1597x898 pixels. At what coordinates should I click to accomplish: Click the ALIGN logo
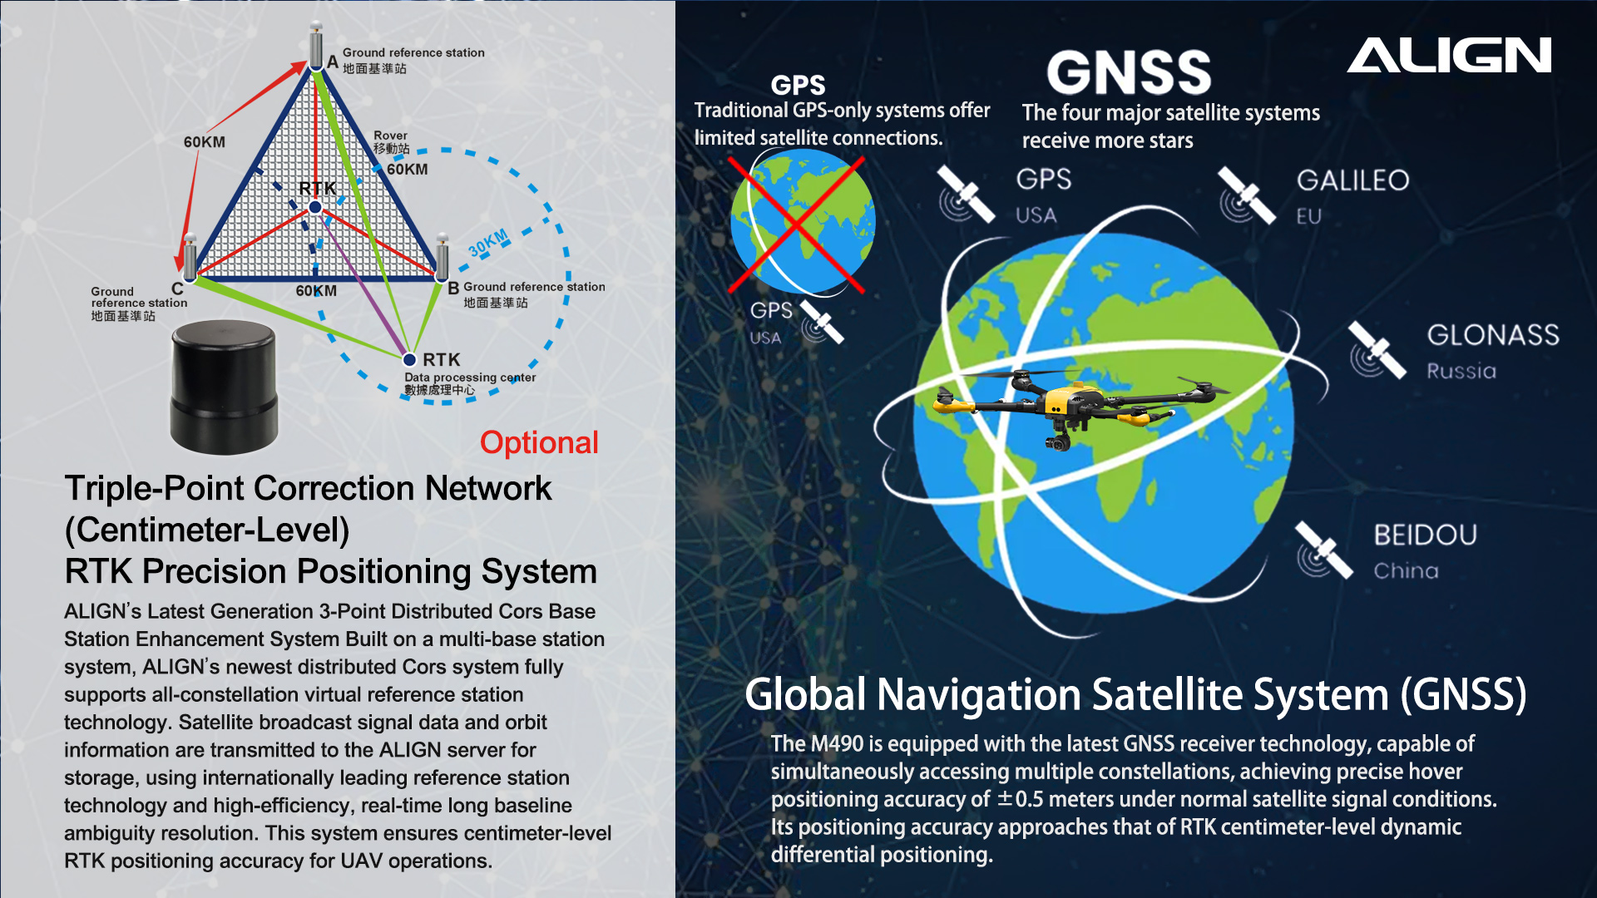coord(1449,55)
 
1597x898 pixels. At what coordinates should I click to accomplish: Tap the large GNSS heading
coord(1129,72)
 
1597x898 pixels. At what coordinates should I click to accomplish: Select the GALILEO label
coord(1352,180)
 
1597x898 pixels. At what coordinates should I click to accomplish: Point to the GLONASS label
coord(1493,334)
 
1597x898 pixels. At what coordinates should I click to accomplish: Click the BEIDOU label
coord(1425,535)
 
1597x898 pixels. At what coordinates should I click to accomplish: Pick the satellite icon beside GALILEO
coord(1247,196)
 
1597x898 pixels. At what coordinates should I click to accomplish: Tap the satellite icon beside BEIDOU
coord(1324,550)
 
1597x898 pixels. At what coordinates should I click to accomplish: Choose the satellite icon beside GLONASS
coord(1377,350)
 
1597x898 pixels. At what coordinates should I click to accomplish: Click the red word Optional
coord(539,442)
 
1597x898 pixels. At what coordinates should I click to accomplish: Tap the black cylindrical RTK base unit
coord(223,387)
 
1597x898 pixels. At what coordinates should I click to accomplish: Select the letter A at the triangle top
coord(333,62)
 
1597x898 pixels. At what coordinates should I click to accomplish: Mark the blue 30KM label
coord(488,243)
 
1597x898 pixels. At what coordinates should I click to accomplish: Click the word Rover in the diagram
coord(390,135)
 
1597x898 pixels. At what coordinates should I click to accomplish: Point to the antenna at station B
coord(443,257)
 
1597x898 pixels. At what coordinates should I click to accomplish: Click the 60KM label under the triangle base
coord(316,291)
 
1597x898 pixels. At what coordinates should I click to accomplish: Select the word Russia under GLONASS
coord(1461,371)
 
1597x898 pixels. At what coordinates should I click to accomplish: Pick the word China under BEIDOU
coord(1406,570)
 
